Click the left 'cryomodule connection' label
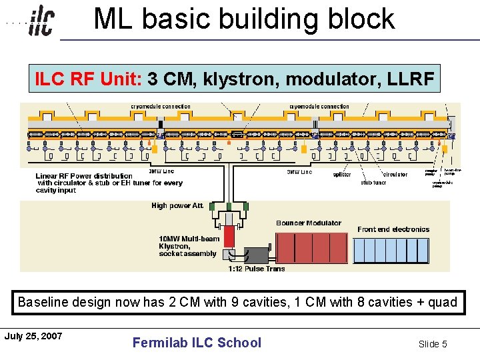pyautogui.click(x=160, y=107)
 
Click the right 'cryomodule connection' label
pyautogui.click(x=319, y=107)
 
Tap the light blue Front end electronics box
pyautogui.click(x=391, y=250)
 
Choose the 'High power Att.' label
pyautogui.click(x=177, y=206)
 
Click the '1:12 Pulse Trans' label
pyautogui.click(x=256, y=269)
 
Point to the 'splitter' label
pyautogui.click(x=341, y=175)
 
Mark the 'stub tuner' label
pyautogui.click(x=373, y=183)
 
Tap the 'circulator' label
pyautogui.click(x=395, y=175)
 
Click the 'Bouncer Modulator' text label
pyautogui.click(x=309, y=223)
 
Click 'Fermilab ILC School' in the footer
pyautogui.click(x=197, y=343)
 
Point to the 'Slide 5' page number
pyautogui.click(x=433, y=344)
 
